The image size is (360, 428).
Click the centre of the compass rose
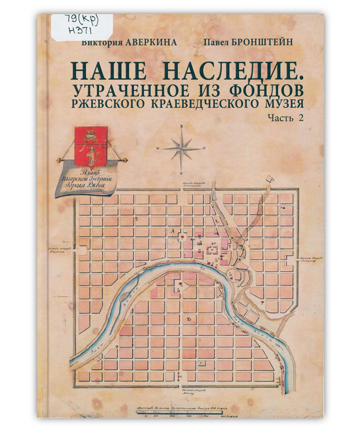tap(181, 148)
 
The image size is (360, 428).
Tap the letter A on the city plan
tap(171, 229)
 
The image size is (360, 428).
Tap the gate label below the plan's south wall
tap(188, 390)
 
